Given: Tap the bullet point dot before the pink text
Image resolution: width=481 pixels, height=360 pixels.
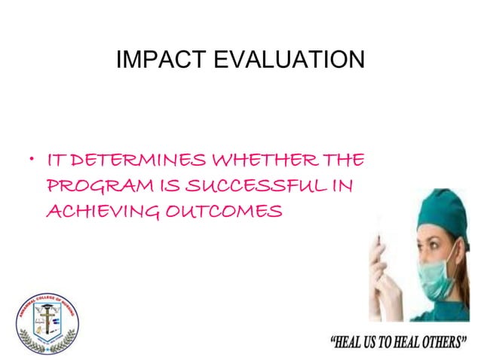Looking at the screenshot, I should pyautogui.click(x=31, y=161).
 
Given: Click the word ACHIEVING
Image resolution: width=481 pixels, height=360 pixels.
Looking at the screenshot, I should pyautogui.click(x=102, y=211).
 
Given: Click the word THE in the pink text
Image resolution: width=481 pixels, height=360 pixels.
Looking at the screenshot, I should pyautogui.click(x=345, y=161).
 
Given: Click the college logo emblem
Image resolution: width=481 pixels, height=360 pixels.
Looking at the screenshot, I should pyautogui.click(x=47, y=322).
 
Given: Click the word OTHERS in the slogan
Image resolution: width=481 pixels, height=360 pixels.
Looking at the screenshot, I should pyautogui.click(x=443, y=343).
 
